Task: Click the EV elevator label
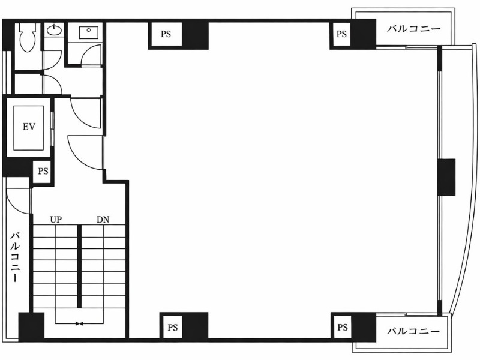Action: click(29, 127)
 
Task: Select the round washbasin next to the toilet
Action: click(55, 29)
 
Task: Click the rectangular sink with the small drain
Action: click(88, 32)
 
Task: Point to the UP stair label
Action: click(56, 220)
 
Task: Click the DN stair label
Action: click(103, 220)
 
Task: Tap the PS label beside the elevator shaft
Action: click(43, 171)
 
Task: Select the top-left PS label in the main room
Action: click(166, 34)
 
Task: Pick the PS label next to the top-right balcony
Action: click(341, 34)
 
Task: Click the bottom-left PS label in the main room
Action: click(173, 328)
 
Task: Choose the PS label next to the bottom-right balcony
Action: click(343, 328)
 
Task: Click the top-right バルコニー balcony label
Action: click(413, 29)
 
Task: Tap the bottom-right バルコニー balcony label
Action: click(413, 331)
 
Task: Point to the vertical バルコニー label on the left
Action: click(16, 257)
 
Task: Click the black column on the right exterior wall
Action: click(446, 177)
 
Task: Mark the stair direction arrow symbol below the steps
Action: click(79, 323)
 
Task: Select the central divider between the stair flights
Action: click(79, 266)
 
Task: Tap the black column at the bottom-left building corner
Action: click(32, 326)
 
